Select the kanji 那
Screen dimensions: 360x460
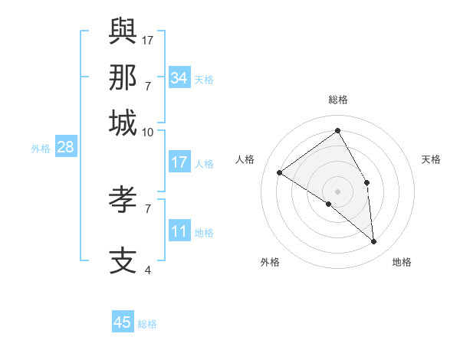click(123, 77)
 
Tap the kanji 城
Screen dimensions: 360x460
click(123, 123)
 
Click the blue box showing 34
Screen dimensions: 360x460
click(179, 78)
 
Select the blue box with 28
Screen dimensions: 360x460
click(65, 148)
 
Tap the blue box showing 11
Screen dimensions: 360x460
click(179, 232)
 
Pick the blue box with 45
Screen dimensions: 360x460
click(123, 322)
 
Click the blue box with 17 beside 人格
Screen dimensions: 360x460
click(179, 162)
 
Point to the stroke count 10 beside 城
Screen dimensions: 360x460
click(147, 132)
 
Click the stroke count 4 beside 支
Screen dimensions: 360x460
click(147, 270)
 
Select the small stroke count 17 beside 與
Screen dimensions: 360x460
click(148, 39)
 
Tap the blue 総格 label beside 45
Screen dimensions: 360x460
click(147, 324)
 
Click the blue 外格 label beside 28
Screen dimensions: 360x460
click(41, 149)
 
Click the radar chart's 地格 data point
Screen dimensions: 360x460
click(373, 241)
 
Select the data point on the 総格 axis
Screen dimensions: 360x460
click(337, 130)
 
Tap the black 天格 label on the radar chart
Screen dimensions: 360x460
click(431, 159)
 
